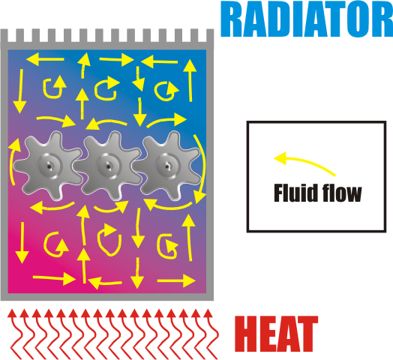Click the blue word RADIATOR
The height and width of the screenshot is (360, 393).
pos(307,19)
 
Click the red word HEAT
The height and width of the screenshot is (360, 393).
pos(276,334)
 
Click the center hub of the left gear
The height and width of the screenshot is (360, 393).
pos(48,166)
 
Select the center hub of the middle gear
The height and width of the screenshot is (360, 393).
pos(108,166)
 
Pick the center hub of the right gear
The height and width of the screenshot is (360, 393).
pos(167,166)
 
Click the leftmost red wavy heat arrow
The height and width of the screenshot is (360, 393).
pos(16,334)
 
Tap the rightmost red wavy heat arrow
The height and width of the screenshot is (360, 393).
pos(211,334)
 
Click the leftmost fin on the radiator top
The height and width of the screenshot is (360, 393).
pos(4,35)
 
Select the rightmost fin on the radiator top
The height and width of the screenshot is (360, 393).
pos(210,35)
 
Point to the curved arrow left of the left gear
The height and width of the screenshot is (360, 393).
pos(10,163)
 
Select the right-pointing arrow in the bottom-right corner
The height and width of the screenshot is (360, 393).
pos(176,280)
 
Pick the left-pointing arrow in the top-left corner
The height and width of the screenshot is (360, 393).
pos(45,59)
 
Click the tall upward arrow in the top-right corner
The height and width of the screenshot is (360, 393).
pos(190,80)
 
